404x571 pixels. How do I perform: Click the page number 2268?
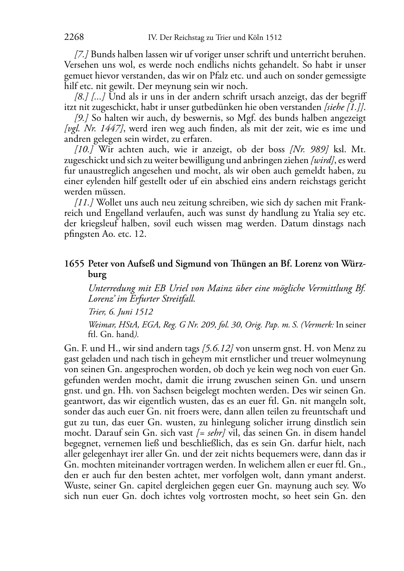(74, 37)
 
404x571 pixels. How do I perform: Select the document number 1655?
(74, 264)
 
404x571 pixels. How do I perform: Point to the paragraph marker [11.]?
(84, 202)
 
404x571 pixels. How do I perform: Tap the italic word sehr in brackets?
(214, 433)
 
